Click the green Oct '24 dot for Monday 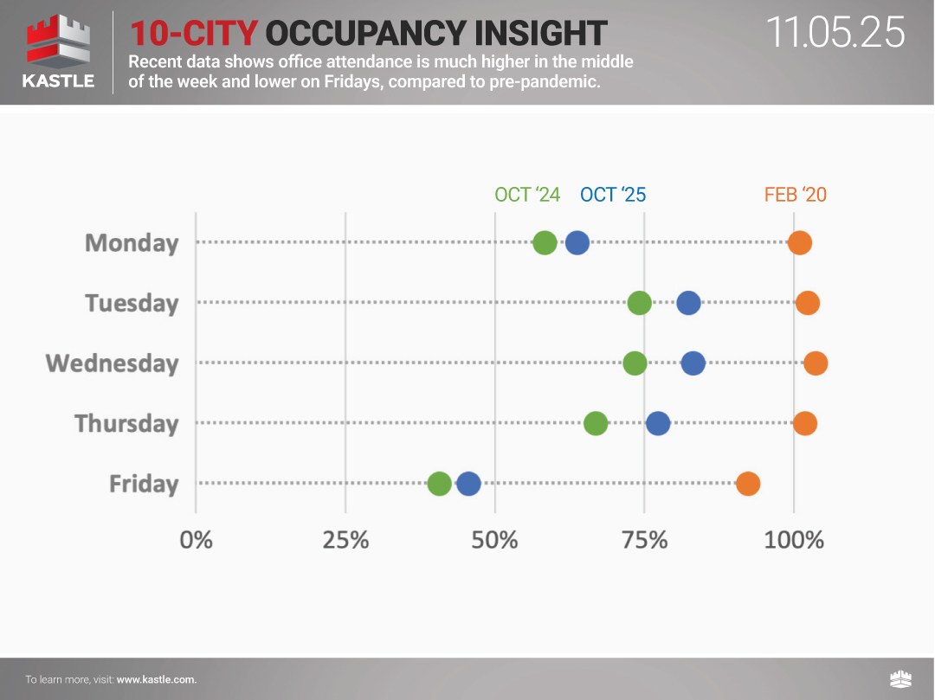[545, 243]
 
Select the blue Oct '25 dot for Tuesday [688, 303]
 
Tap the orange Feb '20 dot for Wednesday [816, 363]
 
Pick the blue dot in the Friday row [468, 484]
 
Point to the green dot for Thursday [596, 423]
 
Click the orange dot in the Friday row [748, 484]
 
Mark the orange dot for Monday [800, 243]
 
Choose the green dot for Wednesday [635, 363]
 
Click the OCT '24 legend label [527, 195]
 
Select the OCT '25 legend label [613, 195]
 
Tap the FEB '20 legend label [795, 195]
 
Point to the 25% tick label [345, 540]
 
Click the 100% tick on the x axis [794, 540]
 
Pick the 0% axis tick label [196, 540]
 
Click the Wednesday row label [113, 363]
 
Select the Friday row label [144, 484]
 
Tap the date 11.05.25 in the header [835, 33]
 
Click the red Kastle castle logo [59, 42]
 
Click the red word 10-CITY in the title [194, 33]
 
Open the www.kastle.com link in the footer [157, 680]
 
